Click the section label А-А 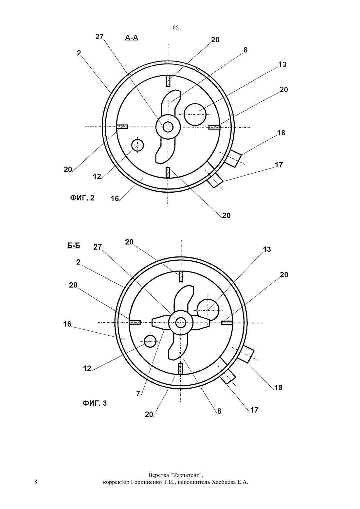pos(132,38)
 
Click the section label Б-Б pos(74,246)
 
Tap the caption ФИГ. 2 pos(82,198)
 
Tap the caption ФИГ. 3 pos(95,403)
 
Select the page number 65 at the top pos(175,27)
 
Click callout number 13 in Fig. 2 pos(282,64)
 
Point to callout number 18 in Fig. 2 pos(281,133)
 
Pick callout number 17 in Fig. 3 pos(254,410)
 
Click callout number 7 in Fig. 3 pos(138,394)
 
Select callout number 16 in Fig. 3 pos(67,324)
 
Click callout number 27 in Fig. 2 pos(99,37)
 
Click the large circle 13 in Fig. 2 pos(195,114)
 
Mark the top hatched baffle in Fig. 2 pos(168,81)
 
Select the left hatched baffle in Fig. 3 pos(135,323)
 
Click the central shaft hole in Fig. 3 pos(181,323)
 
